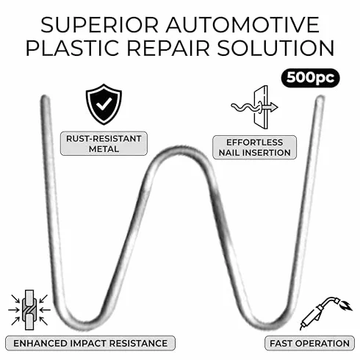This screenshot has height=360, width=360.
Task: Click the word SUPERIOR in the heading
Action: click(x=99, y=25)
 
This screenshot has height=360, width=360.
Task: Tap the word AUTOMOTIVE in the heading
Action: click(x=242, y=25)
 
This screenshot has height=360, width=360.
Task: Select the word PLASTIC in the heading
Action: click(x=72, y=48)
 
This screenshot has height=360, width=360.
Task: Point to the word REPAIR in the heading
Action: click(x=168, y=48)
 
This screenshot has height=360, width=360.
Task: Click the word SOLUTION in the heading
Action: click(x=276, y=48)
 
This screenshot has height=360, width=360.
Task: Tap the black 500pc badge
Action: click(x=310, y=78)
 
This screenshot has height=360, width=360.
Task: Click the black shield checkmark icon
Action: click(x=104, y=104)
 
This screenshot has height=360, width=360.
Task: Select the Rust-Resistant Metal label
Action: click(x=104, y=143)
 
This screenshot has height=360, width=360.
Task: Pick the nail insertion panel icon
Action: click(x=255, y=107)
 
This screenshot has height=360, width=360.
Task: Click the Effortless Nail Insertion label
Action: click(x=254, y=148)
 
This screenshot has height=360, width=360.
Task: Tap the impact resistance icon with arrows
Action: click(x=29, y=310)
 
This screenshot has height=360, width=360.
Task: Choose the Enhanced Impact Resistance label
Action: click(x=90, y=343)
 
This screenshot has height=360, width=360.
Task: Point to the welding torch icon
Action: click(x=325, y=313)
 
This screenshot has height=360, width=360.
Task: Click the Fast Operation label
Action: click(x=309, y=343)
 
